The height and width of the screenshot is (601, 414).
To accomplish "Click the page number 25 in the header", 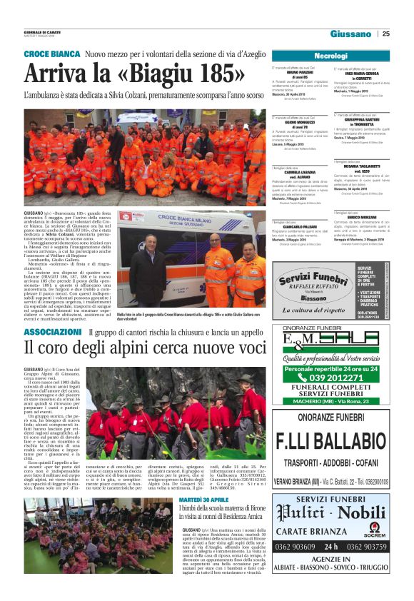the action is pyautogui.click(x=386, y=34).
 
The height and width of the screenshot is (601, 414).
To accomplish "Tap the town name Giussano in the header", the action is pyautogui.click(x=350, y=34).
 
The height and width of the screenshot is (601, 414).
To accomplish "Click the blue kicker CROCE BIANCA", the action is pyautogui.click(x=52, y=54).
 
